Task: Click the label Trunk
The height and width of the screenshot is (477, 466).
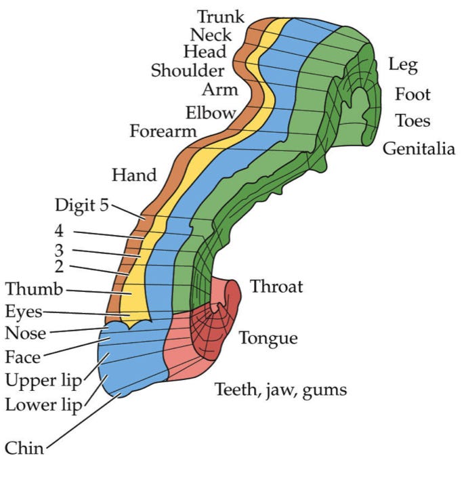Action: coord(221,16)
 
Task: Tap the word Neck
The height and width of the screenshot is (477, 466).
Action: coord(211,35)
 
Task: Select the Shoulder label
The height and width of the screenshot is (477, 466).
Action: coord(188,70)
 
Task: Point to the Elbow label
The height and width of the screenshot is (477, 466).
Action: coord(211,113)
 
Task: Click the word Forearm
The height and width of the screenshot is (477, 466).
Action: coord(163,131)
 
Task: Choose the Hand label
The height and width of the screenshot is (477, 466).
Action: coord(134,175)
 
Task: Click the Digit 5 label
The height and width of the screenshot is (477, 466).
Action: coord(82,205)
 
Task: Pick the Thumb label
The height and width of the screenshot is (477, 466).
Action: coord(34,289)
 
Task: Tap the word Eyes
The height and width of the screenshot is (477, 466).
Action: coord(24,312)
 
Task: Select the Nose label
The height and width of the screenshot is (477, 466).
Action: coord(26,333)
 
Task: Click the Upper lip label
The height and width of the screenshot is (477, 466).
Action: coord(44,381)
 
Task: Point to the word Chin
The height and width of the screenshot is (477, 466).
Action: coord(24,449)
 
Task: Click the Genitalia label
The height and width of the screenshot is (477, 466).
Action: coord(419,149)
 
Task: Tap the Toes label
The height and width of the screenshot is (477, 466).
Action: coord(412,121)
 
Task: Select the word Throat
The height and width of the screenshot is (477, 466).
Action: coord(276,287)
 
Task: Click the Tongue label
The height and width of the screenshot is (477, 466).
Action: coord(268,339)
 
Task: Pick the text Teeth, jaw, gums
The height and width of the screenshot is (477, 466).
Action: coord(281,390)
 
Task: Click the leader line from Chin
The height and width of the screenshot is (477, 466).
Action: coord(83,421)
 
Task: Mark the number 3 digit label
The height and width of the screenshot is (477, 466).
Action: coord(59,251)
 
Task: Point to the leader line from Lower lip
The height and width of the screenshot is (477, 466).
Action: coord(96,391)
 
